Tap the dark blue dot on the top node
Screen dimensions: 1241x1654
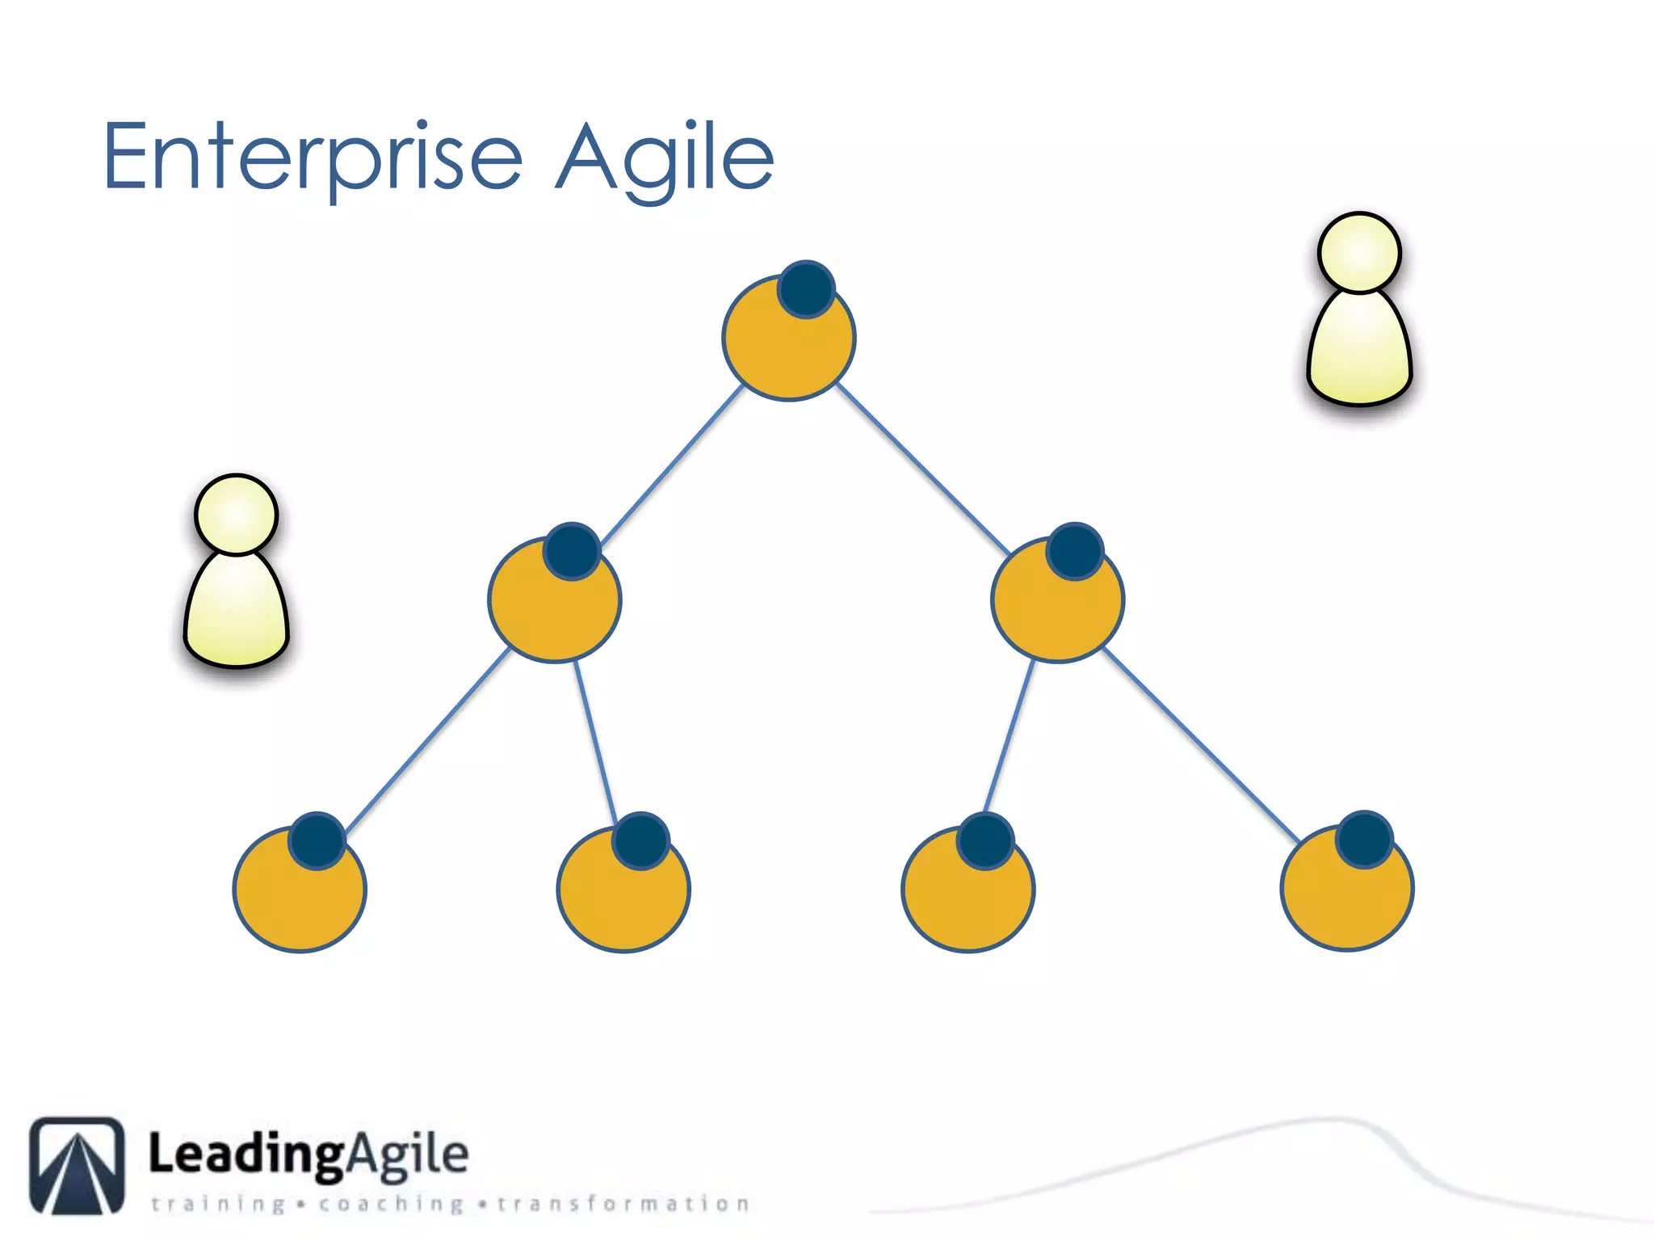click(x=806, y=289)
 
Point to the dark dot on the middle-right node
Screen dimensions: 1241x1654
click(x=1075, y=552)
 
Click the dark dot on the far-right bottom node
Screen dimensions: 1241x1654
click(x=1364, y=839)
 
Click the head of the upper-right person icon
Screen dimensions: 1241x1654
click(x=1359, y=252)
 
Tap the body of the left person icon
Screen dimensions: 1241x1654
click(x=237, y=610)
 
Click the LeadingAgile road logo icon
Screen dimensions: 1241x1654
click(x=78, y=1165)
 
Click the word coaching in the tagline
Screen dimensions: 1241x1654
click(x=391, y=1204)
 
